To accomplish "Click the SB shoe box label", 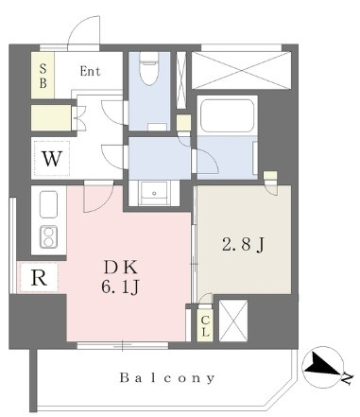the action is (x=43, y=76).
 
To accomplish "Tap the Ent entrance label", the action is (x=90, y=71).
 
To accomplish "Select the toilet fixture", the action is (x=148, y=68).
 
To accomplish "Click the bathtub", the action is (x=227, y=115).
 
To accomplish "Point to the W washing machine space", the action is (x=52, y=159).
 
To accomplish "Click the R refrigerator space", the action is (x=39, y=277).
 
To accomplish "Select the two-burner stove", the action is (x=48, y=237).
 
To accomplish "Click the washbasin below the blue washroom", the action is (x=154, y=193).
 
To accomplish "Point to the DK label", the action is (x=121, y=268).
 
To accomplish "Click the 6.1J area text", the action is (x=120, y=287).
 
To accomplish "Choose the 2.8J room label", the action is (x=243, y=245).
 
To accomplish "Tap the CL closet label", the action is (x=205, y=326).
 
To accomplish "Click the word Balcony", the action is (x=167, y=377).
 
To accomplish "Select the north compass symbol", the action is (x=322, y=367).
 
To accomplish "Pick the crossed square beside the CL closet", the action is (x=233, y=321).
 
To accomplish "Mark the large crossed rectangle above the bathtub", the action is (x=241, y=71).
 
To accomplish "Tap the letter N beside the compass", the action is (x=347, y=379).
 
